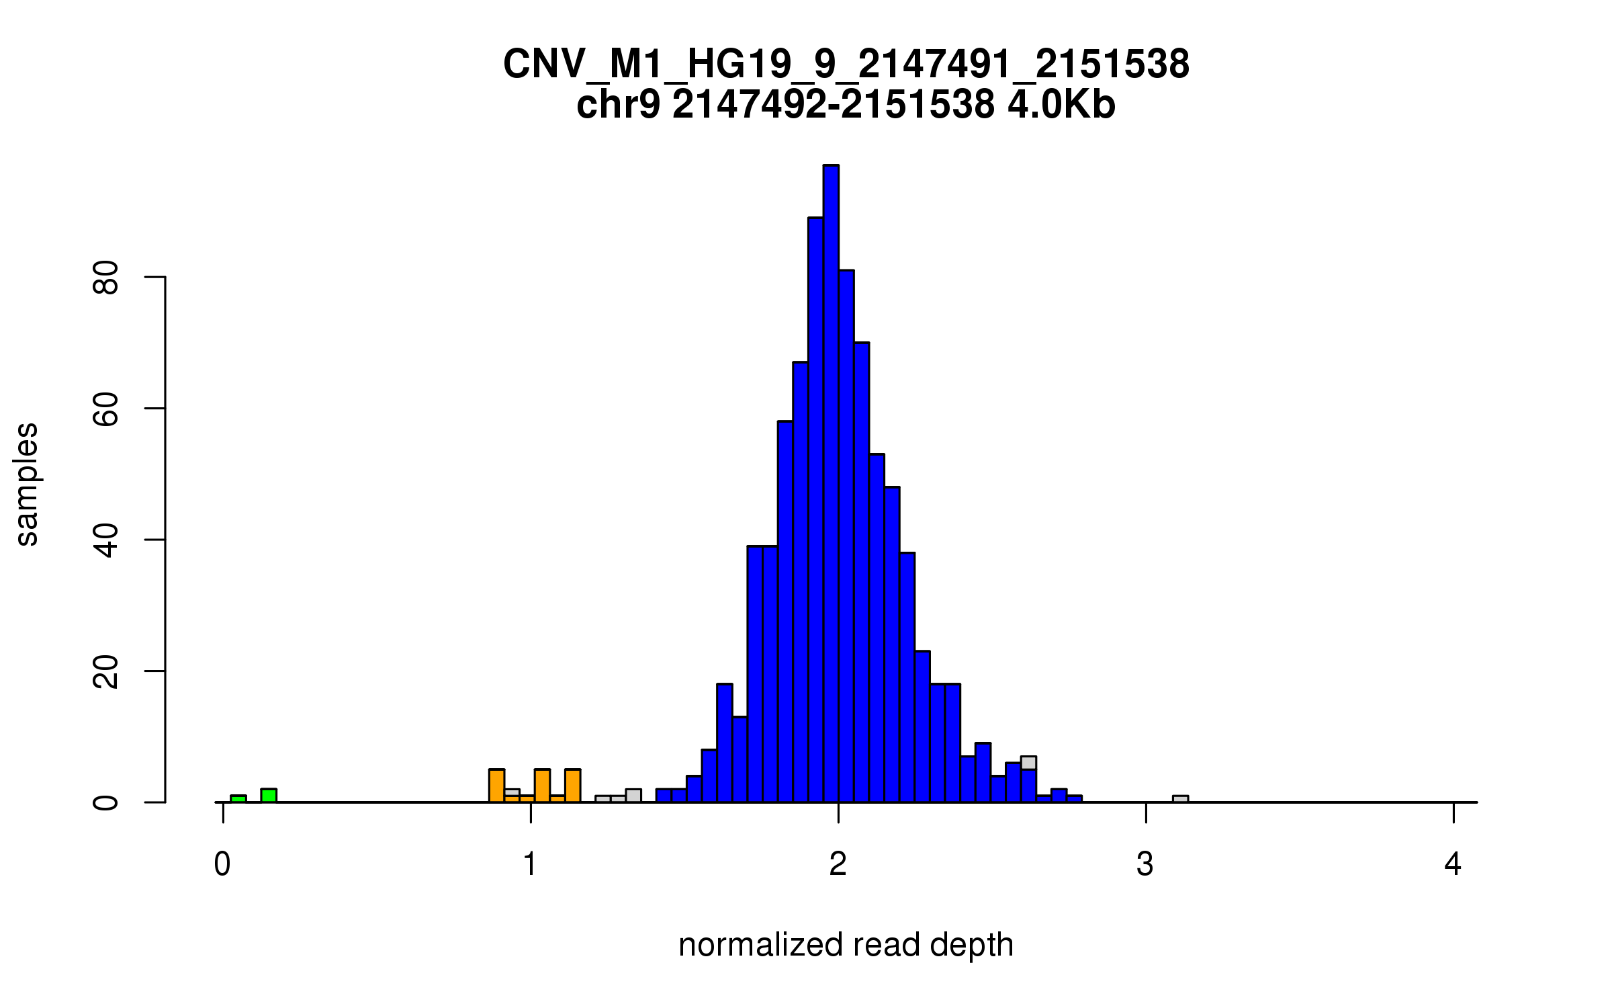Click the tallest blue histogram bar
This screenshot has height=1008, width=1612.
(x=831, y=484)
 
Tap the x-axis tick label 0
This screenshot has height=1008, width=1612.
(x=222, y=864)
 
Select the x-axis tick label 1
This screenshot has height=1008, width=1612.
(x=530, y=864)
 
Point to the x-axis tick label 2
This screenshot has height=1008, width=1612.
(x=838, y=864)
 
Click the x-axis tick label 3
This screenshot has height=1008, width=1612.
(x=1145, y=864)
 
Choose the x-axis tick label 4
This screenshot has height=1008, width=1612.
(x=1453, y=864)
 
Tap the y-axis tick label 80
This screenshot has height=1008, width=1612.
(x=106, y=277)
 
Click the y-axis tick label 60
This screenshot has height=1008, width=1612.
(x=106, y=409)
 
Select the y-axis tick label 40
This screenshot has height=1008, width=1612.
(x=106, y=540)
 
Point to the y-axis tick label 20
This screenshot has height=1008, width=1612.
(x=106, y=671)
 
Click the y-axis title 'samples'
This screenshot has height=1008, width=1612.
(x=27, y=484)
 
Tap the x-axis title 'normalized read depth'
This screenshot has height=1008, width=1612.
(x=846, y=945)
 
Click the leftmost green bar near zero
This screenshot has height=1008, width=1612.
(x=238, y=798)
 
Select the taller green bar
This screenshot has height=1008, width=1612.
(x=269, y=796)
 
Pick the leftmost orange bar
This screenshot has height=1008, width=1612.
(x=496, y=786)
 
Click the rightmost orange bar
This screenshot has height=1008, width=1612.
(x=572, y=786)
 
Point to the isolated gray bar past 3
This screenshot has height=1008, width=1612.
(x=1180, y=799)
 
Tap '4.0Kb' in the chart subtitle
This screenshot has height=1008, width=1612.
(x=1061, y=105)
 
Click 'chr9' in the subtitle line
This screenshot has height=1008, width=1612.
(x=619, y=105)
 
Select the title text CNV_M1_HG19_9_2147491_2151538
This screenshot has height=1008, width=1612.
(x=846, y=65)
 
